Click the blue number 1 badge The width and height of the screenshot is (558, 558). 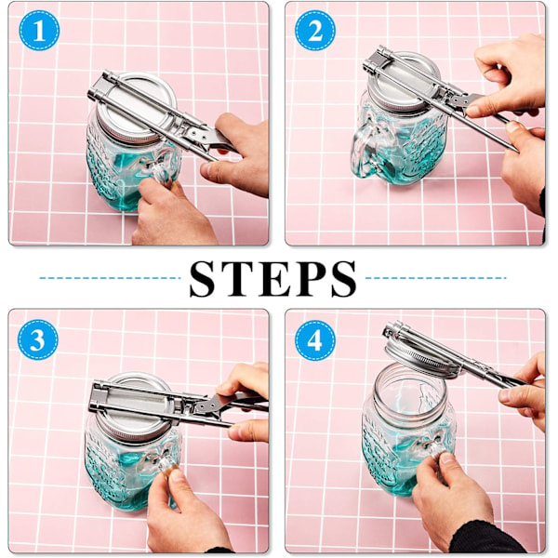(x=39, y=31)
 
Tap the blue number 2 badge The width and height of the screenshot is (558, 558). (x=315, y=31)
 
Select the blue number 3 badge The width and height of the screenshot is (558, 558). (x=38, y=339)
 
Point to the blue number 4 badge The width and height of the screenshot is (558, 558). (x=315, y=340)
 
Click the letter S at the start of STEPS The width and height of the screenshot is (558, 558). (x=203, y=279)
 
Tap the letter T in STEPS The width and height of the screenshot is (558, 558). (x=236, y=279)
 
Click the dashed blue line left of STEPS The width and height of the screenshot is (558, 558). (x=110, y=278)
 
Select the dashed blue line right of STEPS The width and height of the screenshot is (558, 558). (x=436, y=278)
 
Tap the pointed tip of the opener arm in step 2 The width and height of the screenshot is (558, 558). (x=517, y=151)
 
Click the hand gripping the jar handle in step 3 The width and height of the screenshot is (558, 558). (x=185, y=512)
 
